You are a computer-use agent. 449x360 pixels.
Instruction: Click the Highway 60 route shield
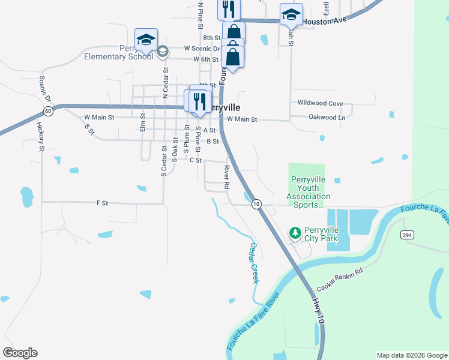click(48, 111)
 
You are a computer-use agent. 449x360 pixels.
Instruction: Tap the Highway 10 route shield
click(256, 204)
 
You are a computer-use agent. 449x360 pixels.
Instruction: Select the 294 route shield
click(408, 234)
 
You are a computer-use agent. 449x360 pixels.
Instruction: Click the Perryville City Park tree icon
click(295, 232)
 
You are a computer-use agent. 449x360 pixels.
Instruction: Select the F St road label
click(101, 203)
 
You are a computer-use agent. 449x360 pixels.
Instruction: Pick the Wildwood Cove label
click(321, 104)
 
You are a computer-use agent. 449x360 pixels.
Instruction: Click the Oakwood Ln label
click(327, 118)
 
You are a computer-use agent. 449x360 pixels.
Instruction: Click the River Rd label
click(227, 178)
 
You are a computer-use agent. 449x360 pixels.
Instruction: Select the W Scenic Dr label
click(203, 48)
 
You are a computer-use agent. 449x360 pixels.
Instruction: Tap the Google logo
click(20, 353)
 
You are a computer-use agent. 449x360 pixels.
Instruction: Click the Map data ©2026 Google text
click(411, 355)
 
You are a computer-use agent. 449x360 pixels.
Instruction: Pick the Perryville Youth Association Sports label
click(308, 192)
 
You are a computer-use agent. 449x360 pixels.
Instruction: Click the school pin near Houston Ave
click(291, 15)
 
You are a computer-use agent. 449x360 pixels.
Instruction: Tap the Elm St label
click(143, 123)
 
